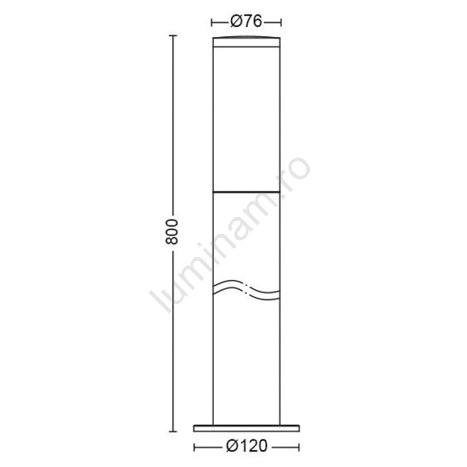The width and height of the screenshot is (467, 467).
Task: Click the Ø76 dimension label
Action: pos(246,22)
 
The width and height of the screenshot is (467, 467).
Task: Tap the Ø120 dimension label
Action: pos(247,446)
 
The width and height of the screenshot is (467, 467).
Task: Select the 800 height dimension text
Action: pos(172,232)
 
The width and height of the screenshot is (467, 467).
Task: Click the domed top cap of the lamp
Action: pos(246,42)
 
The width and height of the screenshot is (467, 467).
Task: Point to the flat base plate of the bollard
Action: pos(247,429)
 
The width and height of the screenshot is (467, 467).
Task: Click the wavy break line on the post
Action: pos(246,290)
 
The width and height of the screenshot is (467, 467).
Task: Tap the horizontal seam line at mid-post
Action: pos(246,192)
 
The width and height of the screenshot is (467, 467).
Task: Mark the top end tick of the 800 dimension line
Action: pos(173,35)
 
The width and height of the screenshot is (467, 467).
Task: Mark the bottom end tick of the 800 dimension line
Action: pos(173,432)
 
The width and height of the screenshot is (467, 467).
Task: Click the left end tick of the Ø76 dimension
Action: pos(212,22)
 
